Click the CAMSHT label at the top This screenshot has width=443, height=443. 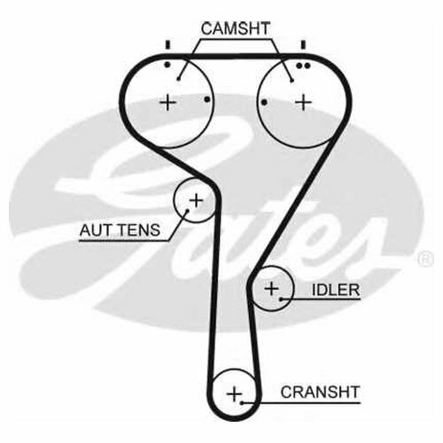236,28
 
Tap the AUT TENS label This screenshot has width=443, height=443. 120,230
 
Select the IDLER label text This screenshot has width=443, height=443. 336,290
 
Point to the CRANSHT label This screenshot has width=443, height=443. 320,392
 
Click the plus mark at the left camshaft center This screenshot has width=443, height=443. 167,103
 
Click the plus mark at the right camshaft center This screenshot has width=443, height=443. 304,103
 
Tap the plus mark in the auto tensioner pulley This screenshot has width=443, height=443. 196,201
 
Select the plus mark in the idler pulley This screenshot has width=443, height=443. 271,288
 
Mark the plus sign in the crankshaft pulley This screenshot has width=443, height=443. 234,394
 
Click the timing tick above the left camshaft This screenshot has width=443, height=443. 167,44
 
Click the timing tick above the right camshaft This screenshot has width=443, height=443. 303,44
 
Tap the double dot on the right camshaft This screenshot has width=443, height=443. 303,66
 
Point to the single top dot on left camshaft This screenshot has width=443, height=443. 167,65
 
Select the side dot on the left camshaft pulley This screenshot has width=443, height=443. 207,99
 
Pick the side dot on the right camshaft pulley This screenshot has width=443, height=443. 264,103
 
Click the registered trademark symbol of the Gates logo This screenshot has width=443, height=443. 425,259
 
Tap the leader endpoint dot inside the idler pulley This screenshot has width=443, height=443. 281,299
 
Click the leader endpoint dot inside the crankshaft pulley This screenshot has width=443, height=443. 242,402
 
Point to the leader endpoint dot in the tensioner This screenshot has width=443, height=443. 187,211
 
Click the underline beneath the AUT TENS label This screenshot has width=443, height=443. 124,241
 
